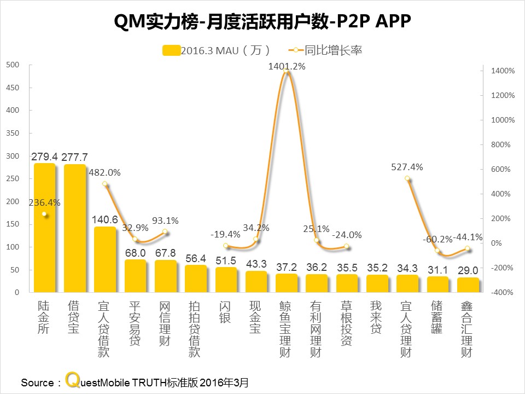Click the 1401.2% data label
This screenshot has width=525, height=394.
pyautogui.click(x=287, y=66)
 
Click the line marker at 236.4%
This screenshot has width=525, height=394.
pyautogui.click(x=44, y=214)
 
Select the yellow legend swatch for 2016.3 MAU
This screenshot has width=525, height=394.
pyautogui.click(x=171, y=50)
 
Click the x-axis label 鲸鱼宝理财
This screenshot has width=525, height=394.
pyautogui.click(x=286, y=328)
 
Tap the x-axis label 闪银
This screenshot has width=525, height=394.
pyautogui.click(x=225, y=311)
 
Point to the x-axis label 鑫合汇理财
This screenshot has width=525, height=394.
pyautogui.click(x=466, y=328)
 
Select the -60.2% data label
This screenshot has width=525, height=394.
pyautogui.click(x=437, y=239)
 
